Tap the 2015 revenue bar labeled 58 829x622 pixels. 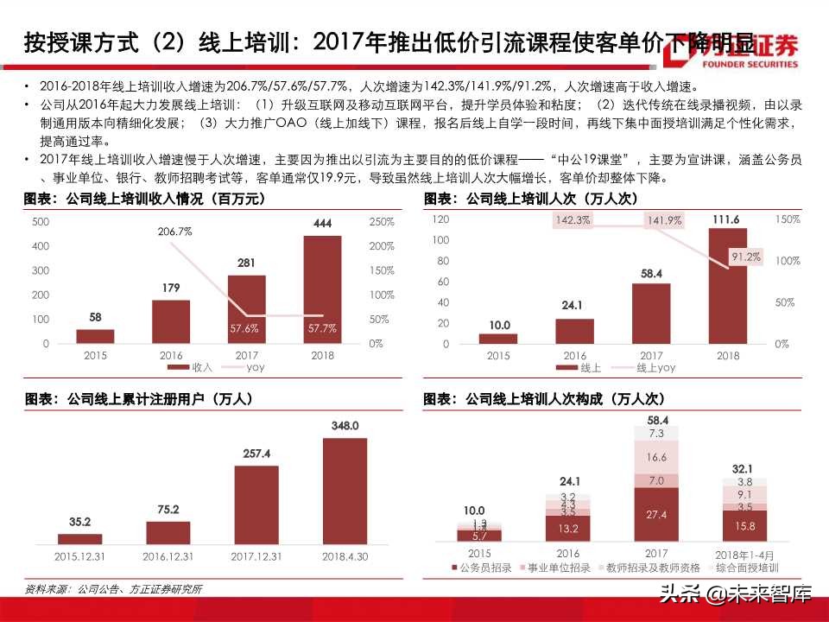coord(101,336)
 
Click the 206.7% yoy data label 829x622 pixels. coord(174,232)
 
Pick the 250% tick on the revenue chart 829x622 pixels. coord(381,222)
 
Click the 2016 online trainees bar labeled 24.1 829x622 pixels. coord(574,331)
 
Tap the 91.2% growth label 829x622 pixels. coord(745,257)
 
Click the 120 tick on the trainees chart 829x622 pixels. coord(440,219)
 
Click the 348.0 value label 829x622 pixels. coord(345,426)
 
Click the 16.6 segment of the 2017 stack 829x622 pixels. coord(655,457)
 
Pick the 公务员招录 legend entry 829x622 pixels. coord(485,568)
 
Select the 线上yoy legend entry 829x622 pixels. coord(650,367)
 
